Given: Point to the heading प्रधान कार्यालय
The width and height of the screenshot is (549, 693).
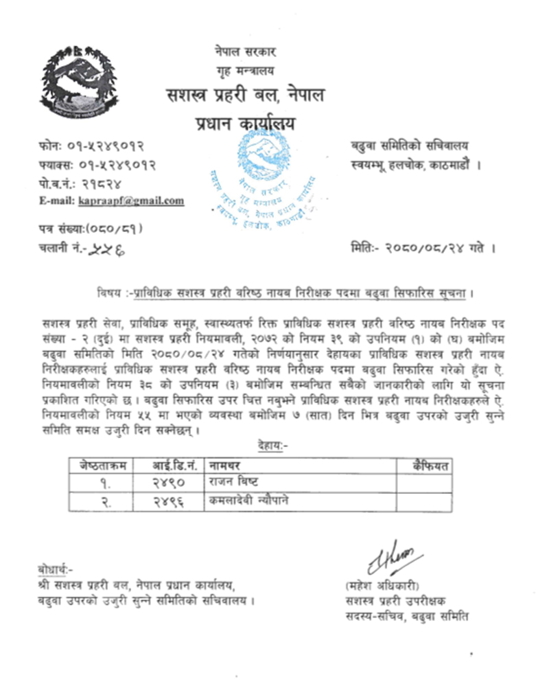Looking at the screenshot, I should pos(244,124).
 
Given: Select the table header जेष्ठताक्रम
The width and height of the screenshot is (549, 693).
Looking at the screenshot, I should pos(102,466).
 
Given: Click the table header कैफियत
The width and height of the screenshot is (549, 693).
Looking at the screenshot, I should pos(430,466).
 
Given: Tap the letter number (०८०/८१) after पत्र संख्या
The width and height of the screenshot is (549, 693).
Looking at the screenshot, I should pos(117,229).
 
